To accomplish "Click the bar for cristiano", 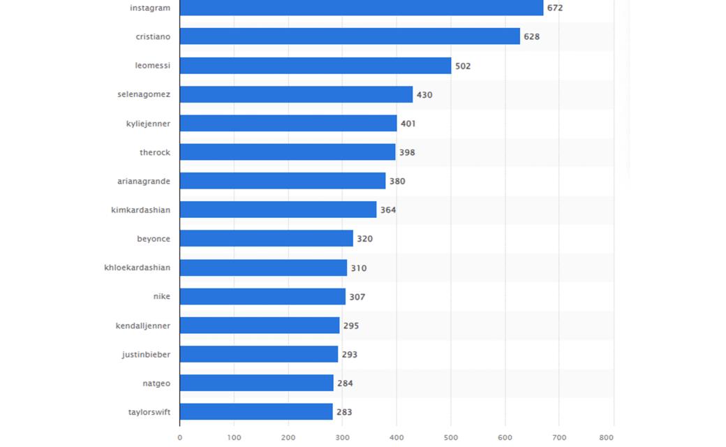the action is tap(350, 36).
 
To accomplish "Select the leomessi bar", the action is tap(316, 66).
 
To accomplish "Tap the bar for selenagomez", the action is tap(296, 94).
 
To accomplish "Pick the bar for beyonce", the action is tap(267, 238).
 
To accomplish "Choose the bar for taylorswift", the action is tap(256, 411).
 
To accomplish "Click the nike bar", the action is tap(263, 296).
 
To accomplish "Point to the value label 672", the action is tap(555, 8).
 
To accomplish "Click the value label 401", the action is tap(408, 124).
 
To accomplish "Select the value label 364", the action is tap(388, 210).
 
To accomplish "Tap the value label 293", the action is tap(350, 354).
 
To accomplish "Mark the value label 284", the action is tap(345, 383).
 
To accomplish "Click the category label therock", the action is tap(155, 152).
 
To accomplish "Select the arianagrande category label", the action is tap(144, 181).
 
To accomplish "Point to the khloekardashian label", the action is tap(137, 268).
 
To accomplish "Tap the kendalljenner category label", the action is tap(143, 325).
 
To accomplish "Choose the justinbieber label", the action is tap(147, 354).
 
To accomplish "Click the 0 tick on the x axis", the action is tap(179, 437).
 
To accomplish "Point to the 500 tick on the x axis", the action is tap(451, 437).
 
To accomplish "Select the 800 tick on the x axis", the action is tap(606, 437).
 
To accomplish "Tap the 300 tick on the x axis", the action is tap(343, 437).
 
